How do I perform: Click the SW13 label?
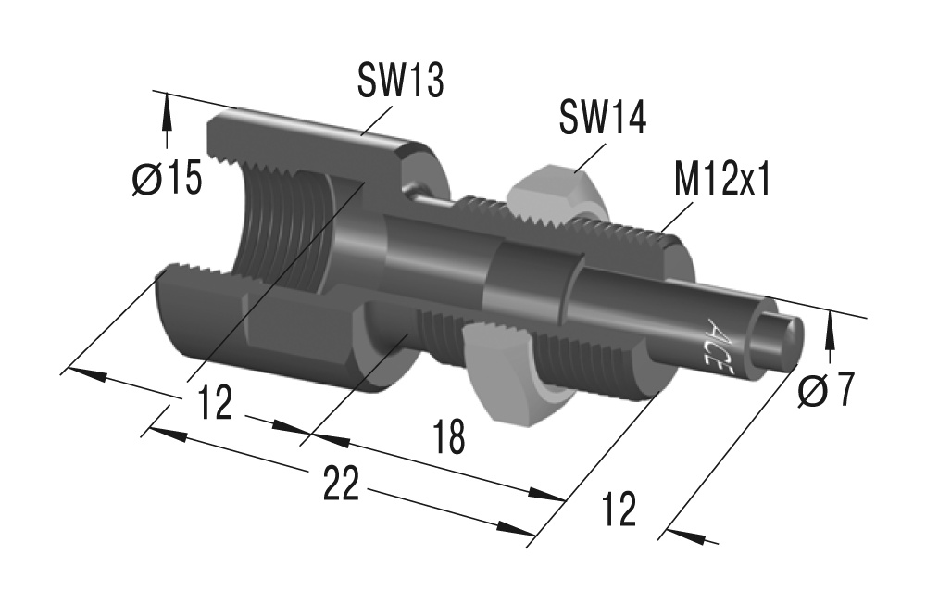[x=401, y=82]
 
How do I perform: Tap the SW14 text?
[x=602, y=120]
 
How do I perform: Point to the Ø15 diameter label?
[x=167, y=179]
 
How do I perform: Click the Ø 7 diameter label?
[x=825, y=392]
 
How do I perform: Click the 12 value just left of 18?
[x=215, y=404]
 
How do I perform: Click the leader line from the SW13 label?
[x=375, y=120]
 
